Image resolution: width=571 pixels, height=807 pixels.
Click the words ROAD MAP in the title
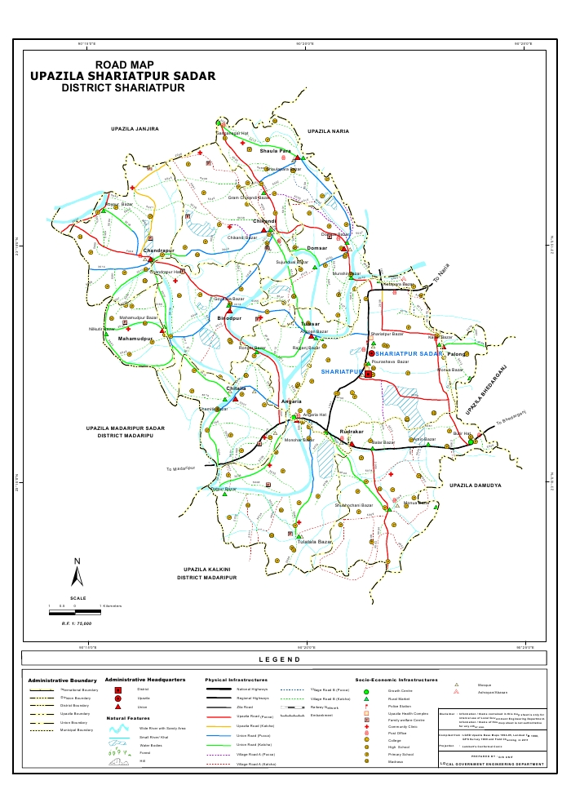point(124,64)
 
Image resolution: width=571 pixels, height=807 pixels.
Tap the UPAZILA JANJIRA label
point(135,129)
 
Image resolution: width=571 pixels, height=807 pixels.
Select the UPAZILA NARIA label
point(328,131)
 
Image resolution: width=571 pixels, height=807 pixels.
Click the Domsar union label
point(317,247)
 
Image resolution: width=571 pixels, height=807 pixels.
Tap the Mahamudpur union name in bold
point(135,338)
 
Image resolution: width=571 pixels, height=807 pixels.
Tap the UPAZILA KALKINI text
point(208,569)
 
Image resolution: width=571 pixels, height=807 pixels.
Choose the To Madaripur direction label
point(182,468)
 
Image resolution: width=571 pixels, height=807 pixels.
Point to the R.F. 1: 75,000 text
point(77,623)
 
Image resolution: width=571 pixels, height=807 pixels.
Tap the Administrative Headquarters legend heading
point(145,679)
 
